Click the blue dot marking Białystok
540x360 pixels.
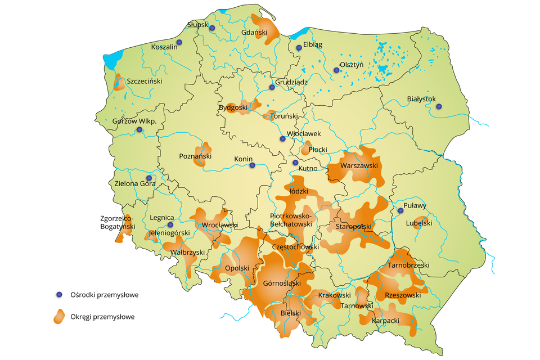(439, 106)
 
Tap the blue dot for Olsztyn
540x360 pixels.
(336, 70)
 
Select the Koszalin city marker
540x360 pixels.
(179, 42)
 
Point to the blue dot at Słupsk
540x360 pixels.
(212, 28)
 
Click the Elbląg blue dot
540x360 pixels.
(299, 48)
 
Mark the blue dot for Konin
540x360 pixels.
(252, 165)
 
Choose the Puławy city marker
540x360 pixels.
(400, 211)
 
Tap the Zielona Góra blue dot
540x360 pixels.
(149, 178)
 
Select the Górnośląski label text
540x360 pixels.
(282, 283)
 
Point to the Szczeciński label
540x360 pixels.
(145, 81)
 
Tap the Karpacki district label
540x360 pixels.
(386, 321)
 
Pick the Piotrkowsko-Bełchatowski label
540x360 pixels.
(291, 220)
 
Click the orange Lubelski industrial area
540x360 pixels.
(422, 222)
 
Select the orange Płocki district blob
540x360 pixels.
(307, 149)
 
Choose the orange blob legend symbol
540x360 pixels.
(59, 317)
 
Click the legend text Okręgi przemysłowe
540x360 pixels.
(103, 317)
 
